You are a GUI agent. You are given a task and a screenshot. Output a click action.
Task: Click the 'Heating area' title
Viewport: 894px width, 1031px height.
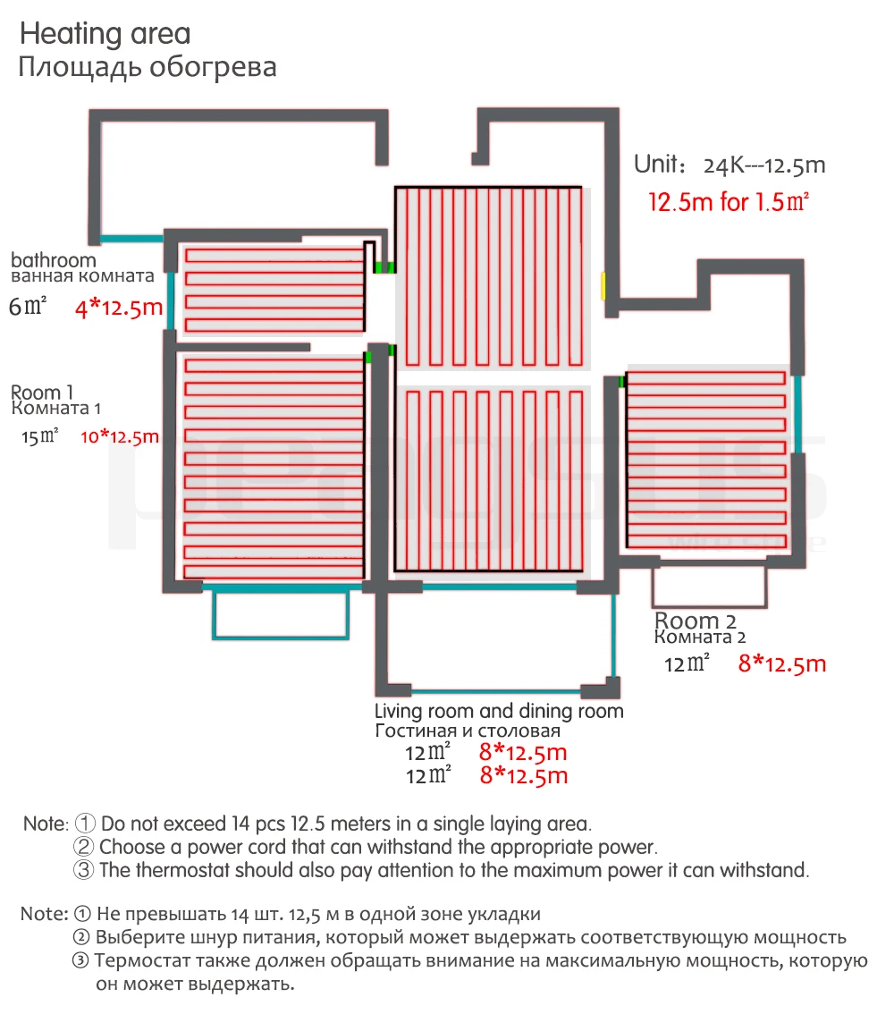coord(105,35)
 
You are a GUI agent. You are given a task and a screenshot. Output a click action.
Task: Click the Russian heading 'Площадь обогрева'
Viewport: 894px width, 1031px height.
coord(148,68)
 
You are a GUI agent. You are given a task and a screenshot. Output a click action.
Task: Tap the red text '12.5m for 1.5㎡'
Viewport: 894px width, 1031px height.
coord(729,202)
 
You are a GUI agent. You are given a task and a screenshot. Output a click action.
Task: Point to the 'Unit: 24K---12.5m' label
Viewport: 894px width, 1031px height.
coord(730,165)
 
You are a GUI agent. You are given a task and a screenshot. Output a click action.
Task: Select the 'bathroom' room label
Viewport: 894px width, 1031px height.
coord(53,260)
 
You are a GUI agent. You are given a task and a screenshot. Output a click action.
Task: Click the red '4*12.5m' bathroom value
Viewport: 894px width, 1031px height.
coord(119,308)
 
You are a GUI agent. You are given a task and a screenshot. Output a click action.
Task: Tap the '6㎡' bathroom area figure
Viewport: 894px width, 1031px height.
coord(27,307)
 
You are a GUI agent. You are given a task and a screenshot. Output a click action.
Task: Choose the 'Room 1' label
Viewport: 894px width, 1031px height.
coord(41,392)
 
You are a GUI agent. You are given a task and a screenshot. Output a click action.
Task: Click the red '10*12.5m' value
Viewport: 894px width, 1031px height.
coord(119,437)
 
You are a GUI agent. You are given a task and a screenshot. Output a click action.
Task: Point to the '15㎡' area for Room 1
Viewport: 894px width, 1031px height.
coord(40,436)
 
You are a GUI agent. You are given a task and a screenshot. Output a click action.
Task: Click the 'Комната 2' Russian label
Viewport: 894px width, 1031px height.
coord(700,638)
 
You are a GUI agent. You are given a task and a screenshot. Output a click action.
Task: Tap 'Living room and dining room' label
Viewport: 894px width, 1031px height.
coord(499,712)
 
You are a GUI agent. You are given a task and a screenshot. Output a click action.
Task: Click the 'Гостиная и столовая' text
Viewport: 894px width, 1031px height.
coord(468,731)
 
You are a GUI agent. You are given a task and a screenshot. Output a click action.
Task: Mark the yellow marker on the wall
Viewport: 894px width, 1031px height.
coord(603,286)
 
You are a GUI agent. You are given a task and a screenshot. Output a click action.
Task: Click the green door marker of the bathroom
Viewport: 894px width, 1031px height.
coord(385,266)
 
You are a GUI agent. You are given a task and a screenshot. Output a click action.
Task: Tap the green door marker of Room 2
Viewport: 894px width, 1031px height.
coord(620,382)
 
